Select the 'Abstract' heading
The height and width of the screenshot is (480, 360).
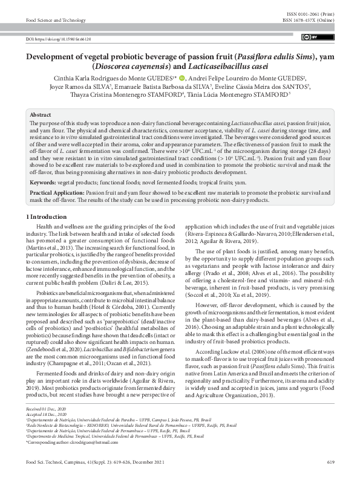coord(41,114)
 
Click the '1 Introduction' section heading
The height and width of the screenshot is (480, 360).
coord(50,216)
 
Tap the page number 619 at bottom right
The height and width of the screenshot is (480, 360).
coord(330,462)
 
